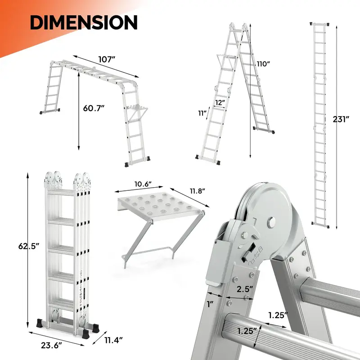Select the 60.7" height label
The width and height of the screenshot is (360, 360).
[94, 108]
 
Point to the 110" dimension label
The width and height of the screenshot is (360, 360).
[262, 63]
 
